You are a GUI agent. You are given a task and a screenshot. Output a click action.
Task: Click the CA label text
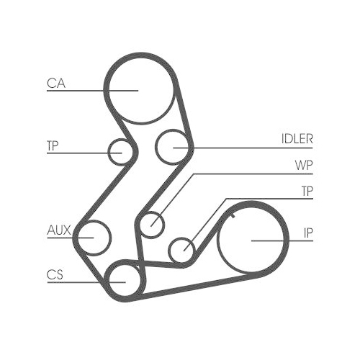point(56,84)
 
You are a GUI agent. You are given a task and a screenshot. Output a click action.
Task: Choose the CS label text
point(55,274)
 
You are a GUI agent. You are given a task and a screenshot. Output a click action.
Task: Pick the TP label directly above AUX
point(53,145)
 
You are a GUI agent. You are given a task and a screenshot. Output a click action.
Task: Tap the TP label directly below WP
point(307,191)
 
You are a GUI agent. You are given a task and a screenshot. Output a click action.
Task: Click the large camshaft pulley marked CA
point(141,88)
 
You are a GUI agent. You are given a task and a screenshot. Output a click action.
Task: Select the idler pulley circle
point(174,147)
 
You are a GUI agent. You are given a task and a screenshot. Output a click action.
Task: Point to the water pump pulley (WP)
point(152,224)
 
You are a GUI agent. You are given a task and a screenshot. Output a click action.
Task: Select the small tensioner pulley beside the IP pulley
point(183,250)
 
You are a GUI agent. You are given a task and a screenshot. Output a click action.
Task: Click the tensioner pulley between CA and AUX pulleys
point(121,152)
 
